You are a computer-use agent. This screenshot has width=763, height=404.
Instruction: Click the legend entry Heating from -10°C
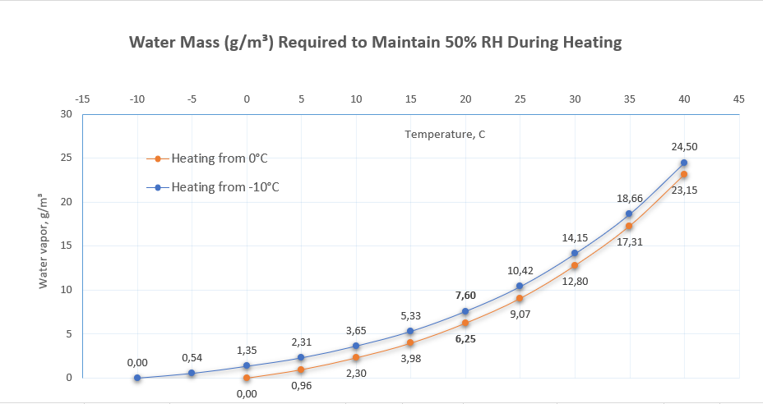[x=224, y=186]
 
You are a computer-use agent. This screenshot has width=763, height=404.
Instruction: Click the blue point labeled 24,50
[x=684, y=163]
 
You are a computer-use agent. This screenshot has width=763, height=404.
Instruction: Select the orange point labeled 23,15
[x=684, y=174]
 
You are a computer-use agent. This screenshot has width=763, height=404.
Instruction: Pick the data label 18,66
[x=630, y=199]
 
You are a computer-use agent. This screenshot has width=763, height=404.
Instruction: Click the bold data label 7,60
[x=465, y=295]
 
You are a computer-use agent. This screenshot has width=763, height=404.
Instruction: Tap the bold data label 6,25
[x=465, y=338]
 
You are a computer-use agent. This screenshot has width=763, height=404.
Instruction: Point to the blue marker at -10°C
[x=137, y=378]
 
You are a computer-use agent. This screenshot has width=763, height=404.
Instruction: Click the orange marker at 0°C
[x=247, y=378]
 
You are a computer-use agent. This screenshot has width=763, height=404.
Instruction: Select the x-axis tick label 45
[x=739, y=99]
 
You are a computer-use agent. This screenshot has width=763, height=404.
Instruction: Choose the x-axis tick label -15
[x=82, y=99]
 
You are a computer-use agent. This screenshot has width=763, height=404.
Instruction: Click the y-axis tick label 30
[x=66, y=113]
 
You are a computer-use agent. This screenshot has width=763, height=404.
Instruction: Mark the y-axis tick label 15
[x=66, y=246]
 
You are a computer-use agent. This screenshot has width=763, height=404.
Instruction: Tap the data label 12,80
[x=575, y=281]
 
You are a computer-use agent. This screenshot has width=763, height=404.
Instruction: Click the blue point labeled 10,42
[x=520, y=287]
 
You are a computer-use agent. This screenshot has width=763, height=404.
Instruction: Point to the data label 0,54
[x=192, y=358]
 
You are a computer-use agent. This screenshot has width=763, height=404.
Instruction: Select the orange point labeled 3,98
[x=410, y=343]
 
